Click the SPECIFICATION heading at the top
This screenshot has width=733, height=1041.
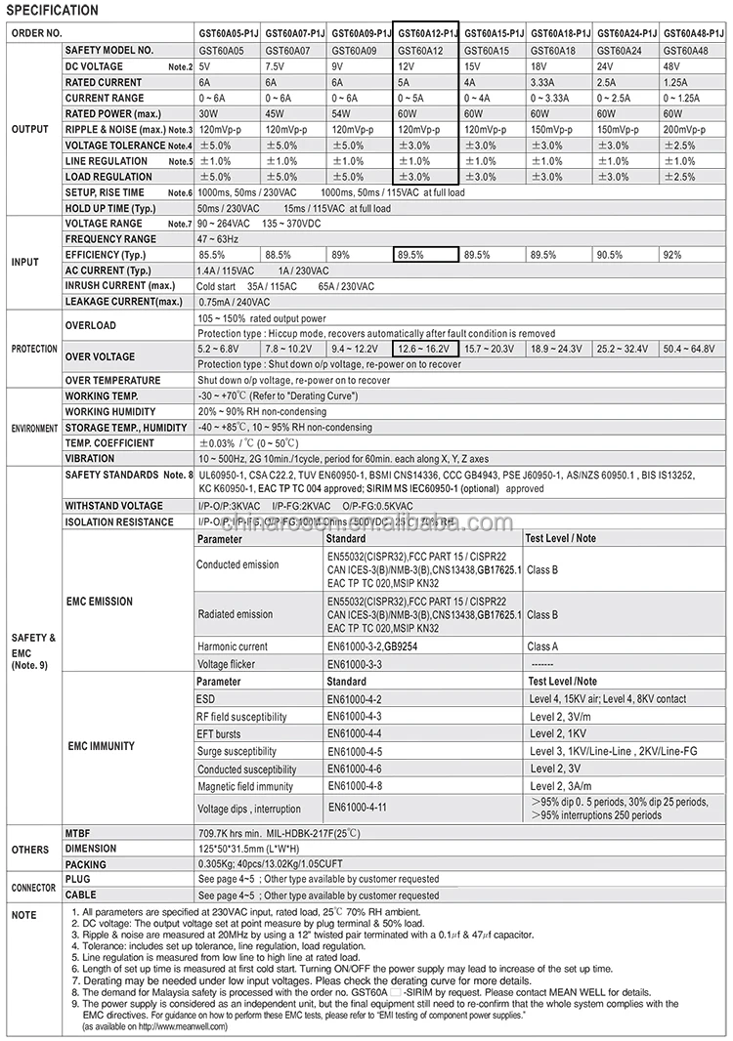(54, 11)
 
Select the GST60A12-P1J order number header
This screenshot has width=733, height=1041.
(425, 32)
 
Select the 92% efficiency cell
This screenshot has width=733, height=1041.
(672, 254)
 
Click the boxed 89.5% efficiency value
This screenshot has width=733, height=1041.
(410, 254)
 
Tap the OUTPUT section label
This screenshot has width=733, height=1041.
(29, 129)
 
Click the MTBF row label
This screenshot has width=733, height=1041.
(78, 833)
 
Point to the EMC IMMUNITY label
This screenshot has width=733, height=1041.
(101, 745)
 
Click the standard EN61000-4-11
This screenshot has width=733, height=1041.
(357, 808)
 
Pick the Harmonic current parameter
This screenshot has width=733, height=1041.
(232, 646)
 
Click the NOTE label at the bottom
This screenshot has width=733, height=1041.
(23, 915)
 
